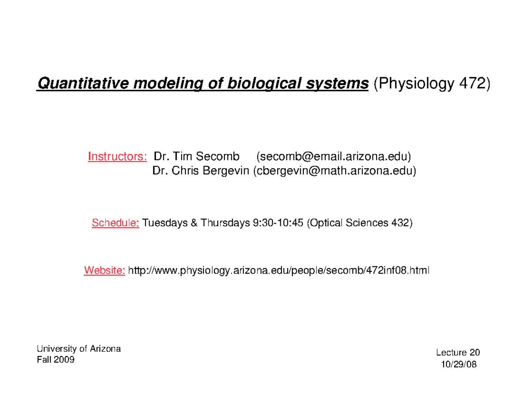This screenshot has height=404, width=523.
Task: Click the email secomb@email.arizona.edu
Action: point(334,156)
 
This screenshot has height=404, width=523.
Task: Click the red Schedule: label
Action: point(115,224)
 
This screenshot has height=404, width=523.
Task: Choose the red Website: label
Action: point(105,271)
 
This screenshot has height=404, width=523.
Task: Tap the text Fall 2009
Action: point(55,360)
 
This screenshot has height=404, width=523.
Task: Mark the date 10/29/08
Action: point(458,365)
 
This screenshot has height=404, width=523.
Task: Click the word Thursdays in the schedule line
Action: point(224,224)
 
